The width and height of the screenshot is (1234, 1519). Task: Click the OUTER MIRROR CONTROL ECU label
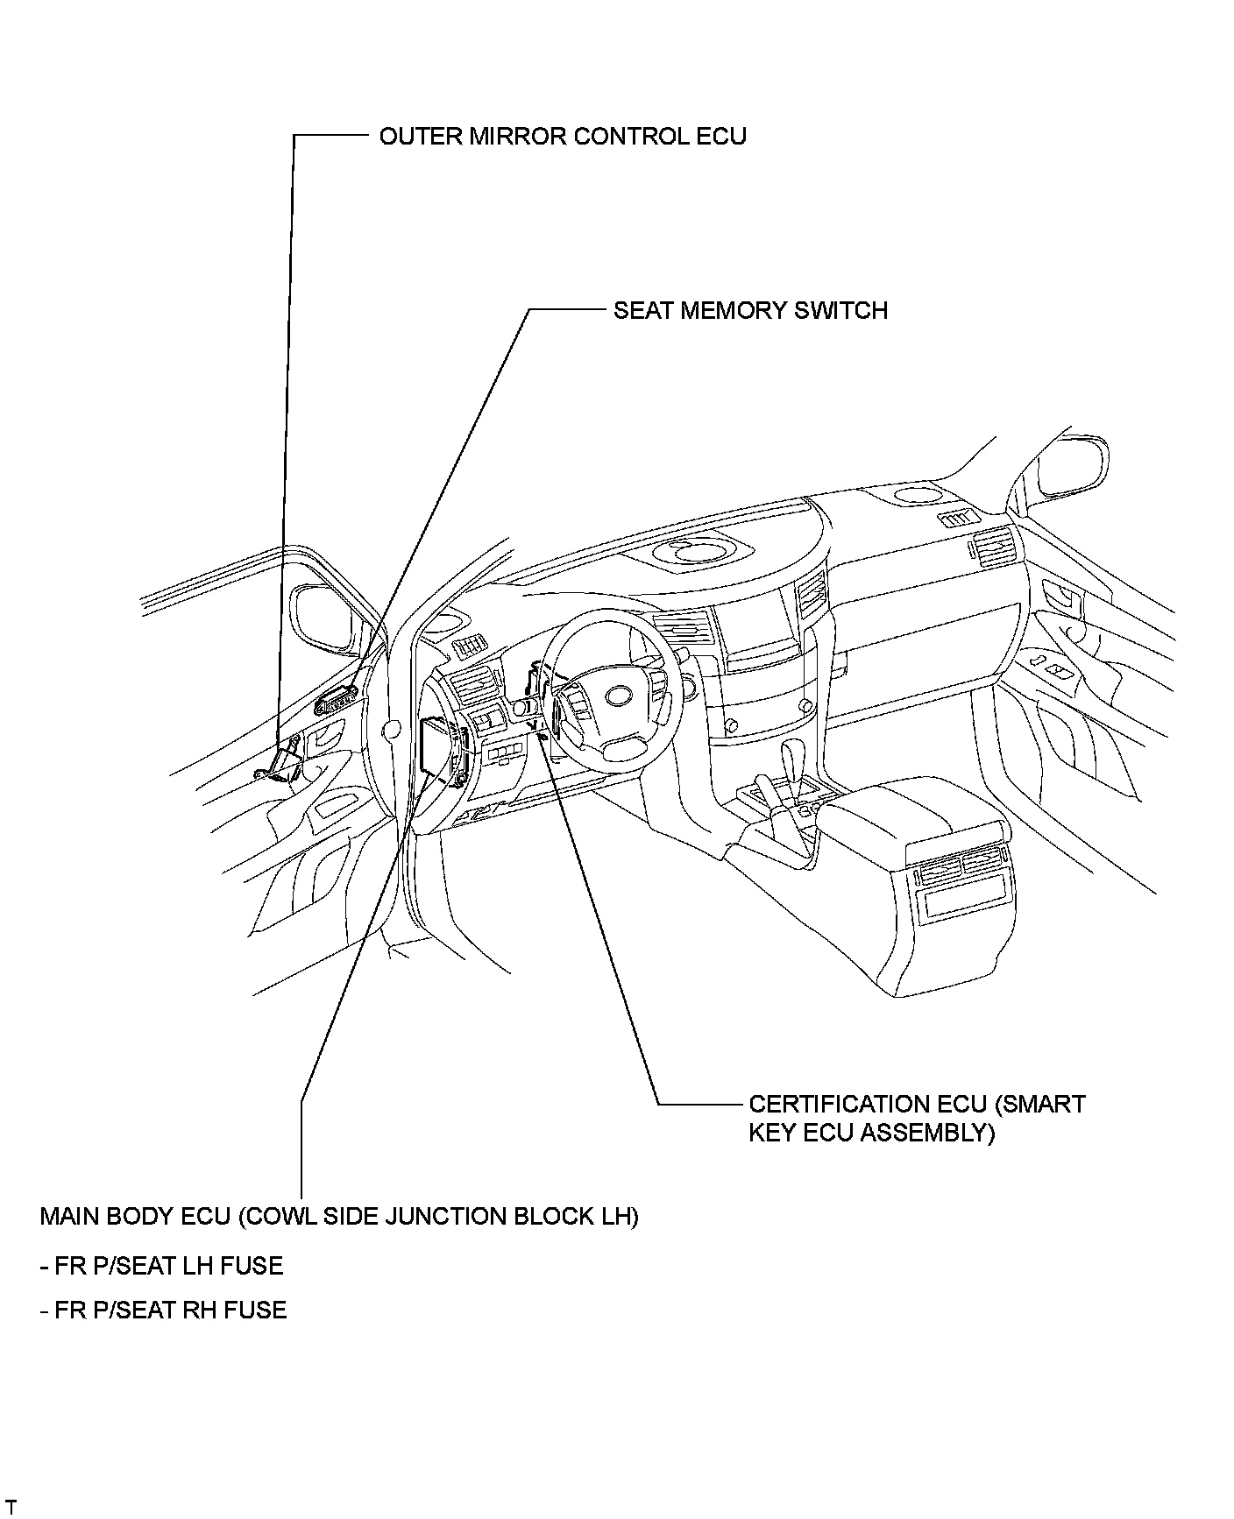[562, 137]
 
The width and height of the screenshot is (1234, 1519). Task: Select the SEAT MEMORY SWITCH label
[750, 311]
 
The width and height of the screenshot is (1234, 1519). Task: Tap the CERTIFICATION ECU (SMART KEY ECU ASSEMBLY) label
[916, 1118]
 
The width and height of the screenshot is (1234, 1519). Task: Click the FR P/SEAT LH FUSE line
[161, 1266]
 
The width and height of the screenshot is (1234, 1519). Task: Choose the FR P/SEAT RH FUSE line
[163, 1310]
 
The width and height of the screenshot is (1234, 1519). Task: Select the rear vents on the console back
[962, 866]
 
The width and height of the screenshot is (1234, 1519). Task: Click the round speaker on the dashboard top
[700, 552]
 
